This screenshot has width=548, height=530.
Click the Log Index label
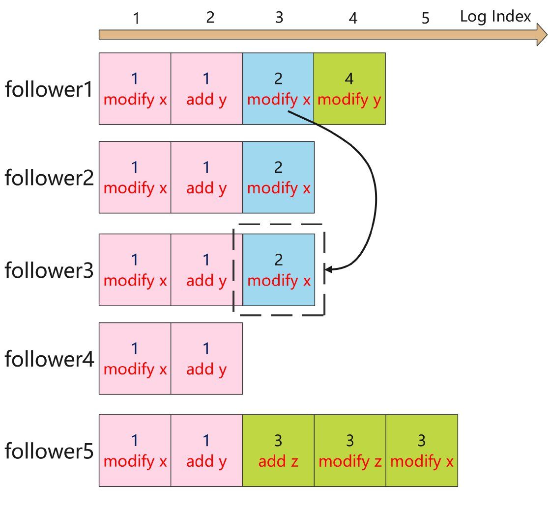pos(495,17)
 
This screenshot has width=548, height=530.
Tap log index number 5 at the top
pos(426,19)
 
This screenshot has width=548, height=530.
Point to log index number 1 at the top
pos(136,19)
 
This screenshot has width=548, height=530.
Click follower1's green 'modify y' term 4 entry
pos(349,89)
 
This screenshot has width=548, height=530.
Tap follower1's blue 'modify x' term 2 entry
pos(278,89)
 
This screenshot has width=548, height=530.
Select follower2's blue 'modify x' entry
pos(278,177)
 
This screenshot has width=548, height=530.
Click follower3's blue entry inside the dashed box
pos(278,269)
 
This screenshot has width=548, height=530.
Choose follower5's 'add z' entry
pos(278,450)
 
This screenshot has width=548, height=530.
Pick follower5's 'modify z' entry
pos(349,450)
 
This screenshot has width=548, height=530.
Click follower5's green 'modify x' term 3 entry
pos(421,450)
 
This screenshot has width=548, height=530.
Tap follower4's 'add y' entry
pos(206,358)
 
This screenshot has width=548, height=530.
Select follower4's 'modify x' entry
pos(135,358)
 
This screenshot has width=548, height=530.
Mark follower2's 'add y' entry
pos(206,177)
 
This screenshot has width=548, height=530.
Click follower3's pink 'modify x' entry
pos(135,269)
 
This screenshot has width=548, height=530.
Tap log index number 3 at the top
pos(279,18)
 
